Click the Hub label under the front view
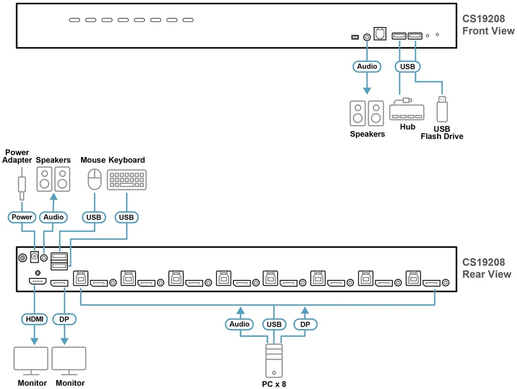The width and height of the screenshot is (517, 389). click(407, 127)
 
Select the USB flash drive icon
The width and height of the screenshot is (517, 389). click(442, 109)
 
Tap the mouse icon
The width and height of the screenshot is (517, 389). click(95, 179)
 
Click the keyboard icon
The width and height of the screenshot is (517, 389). click(126, 180)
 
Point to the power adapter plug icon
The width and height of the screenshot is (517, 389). click(22, 184)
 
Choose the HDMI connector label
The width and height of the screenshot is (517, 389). click(34, 319)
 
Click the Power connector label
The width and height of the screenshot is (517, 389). click(22, 217)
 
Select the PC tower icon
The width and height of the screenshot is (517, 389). click(274, 361)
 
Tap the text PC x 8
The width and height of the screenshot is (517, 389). click(274, 384)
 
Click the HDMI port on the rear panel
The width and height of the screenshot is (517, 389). click(37, 282)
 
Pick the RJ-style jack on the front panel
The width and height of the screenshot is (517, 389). click(380, 34)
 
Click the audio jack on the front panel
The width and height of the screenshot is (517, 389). click(366, 37)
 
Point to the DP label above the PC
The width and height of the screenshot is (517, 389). click(305, 324)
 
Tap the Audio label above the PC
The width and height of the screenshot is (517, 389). click(240, 324)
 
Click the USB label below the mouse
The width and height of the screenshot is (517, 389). click(94, 217)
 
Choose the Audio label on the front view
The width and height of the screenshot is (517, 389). click(367, 67)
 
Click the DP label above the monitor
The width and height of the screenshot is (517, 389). click(64, 319)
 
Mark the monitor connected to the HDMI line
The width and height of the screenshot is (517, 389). click(31, 361)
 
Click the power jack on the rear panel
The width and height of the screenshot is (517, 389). click(34, 256)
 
